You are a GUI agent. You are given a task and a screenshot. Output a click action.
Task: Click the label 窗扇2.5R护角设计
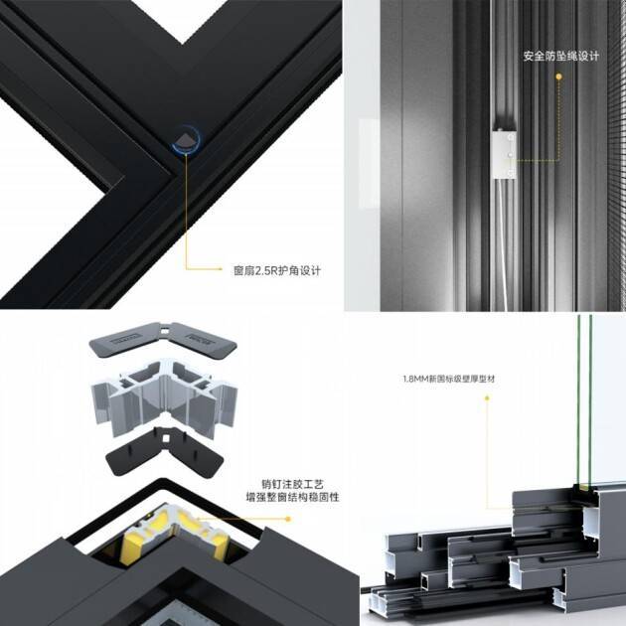pyautogui.click(x=277, y=271)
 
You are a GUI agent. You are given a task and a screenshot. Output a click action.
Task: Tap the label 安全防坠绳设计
pyautogui.click(x=561, y=57)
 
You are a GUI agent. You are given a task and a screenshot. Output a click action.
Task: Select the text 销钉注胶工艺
pyautogui.click(x=292, y=484)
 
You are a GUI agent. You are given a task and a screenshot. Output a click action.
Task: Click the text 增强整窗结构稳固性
pyautogui.click(x=293, y=498)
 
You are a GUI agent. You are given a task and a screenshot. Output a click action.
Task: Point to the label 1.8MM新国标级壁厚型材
pyautogui.click(x=449, y=379)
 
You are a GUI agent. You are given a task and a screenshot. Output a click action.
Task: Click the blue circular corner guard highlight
pyautogui.click(x=186, y=139)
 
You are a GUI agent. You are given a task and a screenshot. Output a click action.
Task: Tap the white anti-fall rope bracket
pyautogui.click(x=504, y=155)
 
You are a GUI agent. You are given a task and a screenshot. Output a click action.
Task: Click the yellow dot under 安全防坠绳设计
pyautogui.click(x=558, y=77)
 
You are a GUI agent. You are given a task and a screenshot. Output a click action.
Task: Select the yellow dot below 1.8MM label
pyautogui.click(x=487, y=397)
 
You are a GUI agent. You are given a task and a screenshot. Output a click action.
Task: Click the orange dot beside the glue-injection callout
pyautogui.click(x=288, y=519)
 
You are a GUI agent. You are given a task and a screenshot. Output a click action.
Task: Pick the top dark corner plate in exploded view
pyautogui.click(x=163, y=340)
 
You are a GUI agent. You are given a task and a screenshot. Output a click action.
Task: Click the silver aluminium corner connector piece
pyautogui.click(x=164, y=398)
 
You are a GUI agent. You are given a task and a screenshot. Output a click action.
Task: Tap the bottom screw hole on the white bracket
pyautogui.click(x=511, y=173)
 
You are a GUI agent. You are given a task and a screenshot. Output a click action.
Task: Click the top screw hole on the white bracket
pyautogui.click(x=511, y=138)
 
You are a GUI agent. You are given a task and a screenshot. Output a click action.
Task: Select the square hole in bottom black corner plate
pyautogui.click(x=166, y=439)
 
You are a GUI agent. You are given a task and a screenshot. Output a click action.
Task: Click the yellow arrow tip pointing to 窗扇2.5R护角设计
pyautogui.click(x=222, y=268)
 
